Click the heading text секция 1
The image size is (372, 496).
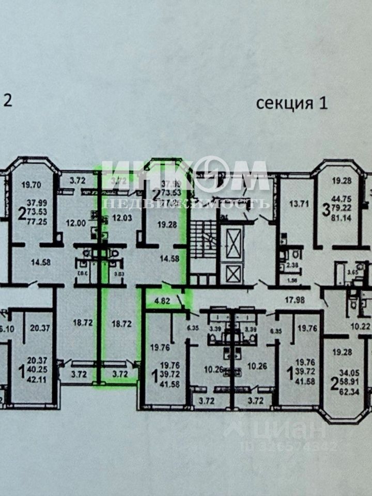click(x=292, y=103)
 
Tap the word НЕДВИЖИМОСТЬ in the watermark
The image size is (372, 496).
click(x=186, y=203)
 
